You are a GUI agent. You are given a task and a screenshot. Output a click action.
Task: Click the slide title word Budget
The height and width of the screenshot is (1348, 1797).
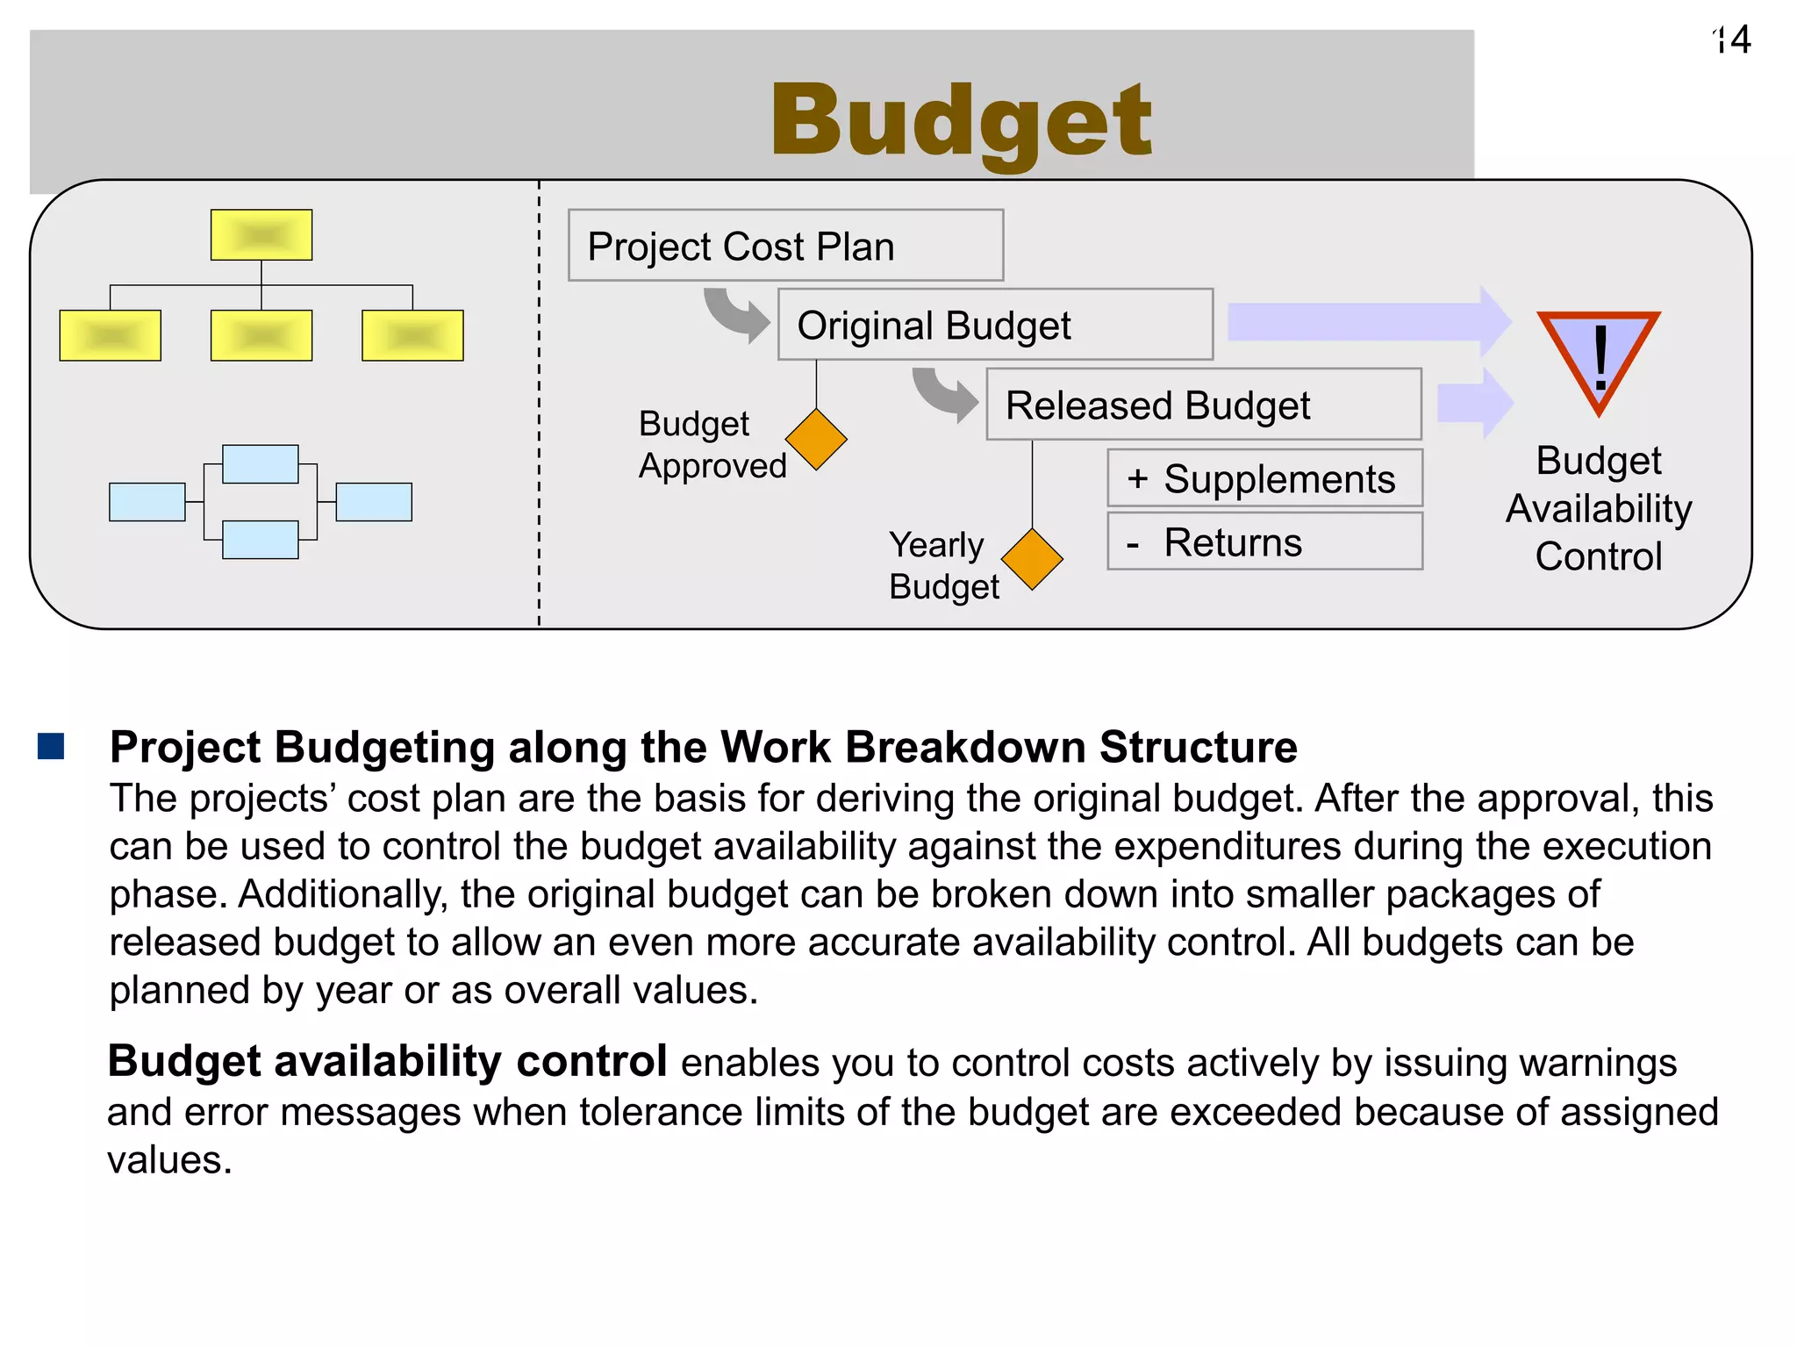961,120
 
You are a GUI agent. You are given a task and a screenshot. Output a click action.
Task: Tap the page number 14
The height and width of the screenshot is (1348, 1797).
1733,40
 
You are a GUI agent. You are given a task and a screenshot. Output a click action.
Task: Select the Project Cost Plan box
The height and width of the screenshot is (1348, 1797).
785,246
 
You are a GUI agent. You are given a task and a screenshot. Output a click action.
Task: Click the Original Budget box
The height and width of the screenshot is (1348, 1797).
995,325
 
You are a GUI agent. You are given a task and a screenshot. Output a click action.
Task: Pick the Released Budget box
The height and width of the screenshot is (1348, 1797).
1203,405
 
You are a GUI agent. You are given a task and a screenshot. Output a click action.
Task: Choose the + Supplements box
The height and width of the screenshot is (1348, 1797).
1264,479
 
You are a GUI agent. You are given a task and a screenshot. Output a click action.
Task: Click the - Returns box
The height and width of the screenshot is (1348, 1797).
1264,542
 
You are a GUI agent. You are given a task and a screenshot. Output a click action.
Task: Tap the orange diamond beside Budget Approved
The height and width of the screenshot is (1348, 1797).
816,440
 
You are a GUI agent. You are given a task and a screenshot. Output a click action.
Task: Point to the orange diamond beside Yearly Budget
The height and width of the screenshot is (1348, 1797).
1032,559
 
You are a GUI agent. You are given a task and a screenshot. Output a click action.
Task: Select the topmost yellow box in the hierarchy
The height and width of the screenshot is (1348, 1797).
261,235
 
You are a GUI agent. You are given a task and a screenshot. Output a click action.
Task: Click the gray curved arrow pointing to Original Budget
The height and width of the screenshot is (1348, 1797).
735,315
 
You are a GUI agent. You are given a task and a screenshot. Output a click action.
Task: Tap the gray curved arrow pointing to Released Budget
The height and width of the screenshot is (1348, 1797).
944,395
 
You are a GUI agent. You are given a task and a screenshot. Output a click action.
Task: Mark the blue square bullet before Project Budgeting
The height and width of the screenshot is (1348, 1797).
52,746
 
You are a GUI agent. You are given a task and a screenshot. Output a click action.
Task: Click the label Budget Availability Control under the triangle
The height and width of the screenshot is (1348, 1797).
1598,509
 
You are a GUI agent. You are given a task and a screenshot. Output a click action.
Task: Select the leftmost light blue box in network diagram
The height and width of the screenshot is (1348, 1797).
147,502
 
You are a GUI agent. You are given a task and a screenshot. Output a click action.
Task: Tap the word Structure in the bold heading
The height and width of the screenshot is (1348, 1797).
1198,748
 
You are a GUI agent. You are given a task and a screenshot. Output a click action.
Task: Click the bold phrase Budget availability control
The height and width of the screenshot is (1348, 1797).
387,1062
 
